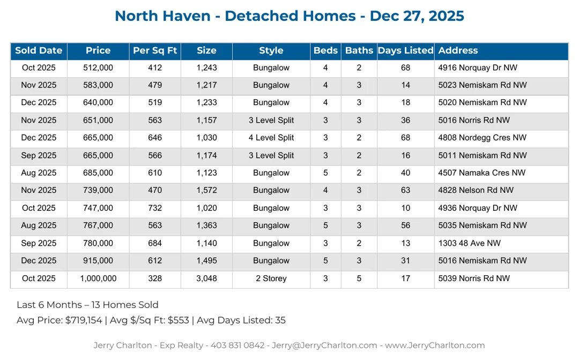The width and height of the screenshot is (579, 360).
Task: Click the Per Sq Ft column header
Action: point(155,51)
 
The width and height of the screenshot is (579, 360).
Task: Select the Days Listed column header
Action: point(405,51)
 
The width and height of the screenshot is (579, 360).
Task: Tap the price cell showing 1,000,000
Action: point(98,278)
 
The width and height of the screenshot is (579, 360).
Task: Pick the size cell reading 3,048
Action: point(206,278)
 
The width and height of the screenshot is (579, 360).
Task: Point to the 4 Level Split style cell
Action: point(271,138)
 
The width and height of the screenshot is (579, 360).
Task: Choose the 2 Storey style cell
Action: point(271,278)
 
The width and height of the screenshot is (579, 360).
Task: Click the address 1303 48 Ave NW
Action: point(470,243)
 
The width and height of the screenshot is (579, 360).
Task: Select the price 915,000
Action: point(98,261)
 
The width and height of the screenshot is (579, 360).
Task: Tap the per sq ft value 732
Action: point(155,208)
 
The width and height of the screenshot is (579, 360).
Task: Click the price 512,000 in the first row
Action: point(98,68)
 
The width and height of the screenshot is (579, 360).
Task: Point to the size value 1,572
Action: point(206,190)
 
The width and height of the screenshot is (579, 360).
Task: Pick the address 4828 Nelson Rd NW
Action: point(476,190)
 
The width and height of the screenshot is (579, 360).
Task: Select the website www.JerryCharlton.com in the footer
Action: point(435,346)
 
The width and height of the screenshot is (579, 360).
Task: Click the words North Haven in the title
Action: point(162,16)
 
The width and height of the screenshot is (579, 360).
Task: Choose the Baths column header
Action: point(359,51)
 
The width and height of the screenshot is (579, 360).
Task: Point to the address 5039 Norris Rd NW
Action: point(474,278)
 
